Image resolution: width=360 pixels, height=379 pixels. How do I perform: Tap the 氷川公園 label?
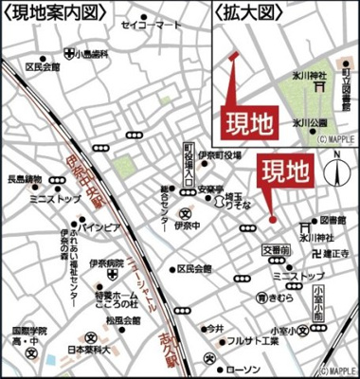pos(308,122)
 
